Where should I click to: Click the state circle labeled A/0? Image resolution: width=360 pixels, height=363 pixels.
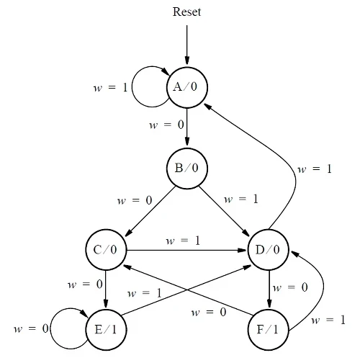point(186,86)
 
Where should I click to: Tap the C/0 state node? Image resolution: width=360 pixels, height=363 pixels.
point(106,250)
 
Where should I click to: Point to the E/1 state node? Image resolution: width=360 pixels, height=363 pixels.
point(106,329)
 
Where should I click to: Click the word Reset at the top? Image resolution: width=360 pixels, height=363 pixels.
point(186,12)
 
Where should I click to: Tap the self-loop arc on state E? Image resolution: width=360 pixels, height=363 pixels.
point(68,329)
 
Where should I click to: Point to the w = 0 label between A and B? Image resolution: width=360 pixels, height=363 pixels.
point(166,125)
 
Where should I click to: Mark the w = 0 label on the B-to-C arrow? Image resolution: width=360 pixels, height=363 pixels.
point(133,200)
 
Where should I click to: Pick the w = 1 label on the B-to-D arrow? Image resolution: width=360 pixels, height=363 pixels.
point(241,198)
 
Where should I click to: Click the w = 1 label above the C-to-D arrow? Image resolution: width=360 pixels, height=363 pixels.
point(183,240)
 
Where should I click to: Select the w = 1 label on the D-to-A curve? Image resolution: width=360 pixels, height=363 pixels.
point(315,169)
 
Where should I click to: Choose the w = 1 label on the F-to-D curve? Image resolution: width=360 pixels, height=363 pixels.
point(328,319)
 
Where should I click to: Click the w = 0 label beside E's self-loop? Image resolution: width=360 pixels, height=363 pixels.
point(30,329)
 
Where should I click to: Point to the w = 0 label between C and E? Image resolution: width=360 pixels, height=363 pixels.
point(85,284)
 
